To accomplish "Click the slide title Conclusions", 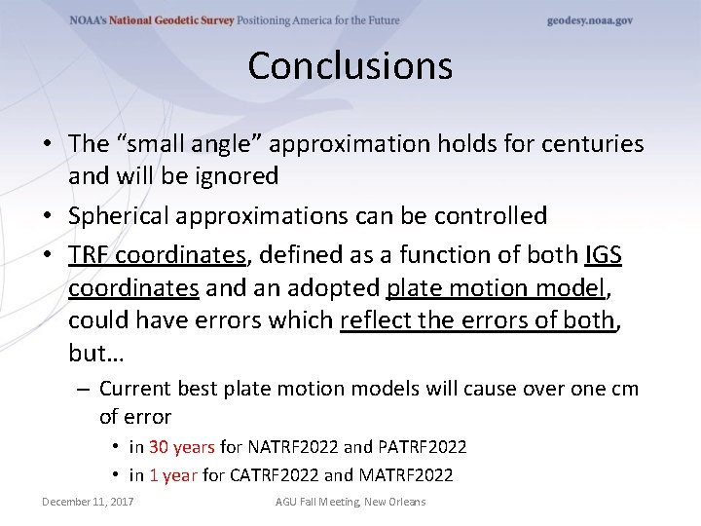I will tap(350, 66).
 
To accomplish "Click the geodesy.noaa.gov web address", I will tap(590, 20).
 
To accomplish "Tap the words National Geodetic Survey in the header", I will tap(179, 20).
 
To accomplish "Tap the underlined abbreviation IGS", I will tap(604, 254).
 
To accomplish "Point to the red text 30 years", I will tap(181, 447).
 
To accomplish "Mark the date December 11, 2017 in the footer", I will tap(88, 502).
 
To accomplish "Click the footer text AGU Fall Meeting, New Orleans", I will tap(350, 502).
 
